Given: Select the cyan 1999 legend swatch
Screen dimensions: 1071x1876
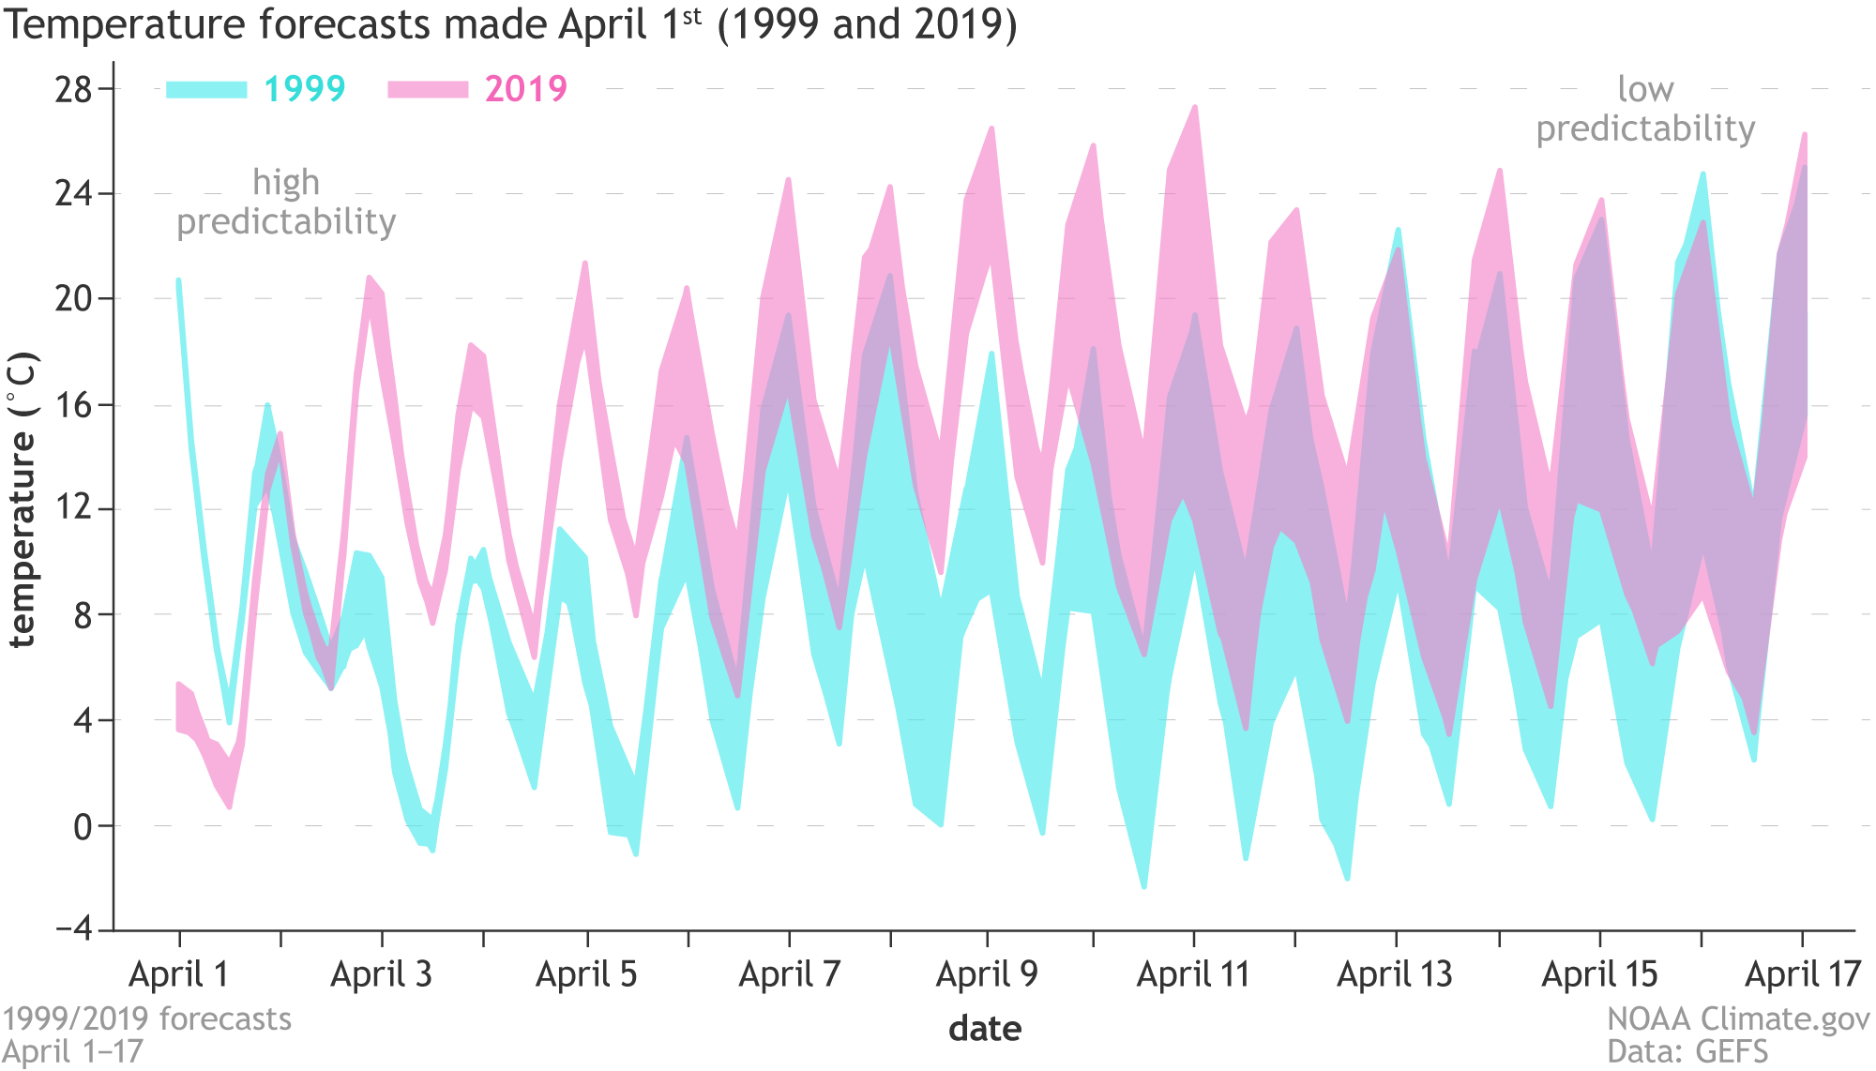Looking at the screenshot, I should coord(206,90).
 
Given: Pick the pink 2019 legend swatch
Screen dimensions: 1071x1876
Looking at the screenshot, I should coord(428,90).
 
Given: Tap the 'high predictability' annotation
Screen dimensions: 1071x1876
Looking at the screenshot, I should coord(286,203).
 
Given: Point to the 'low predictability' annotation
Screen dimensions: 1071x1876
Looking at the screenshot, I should coord(1645,109).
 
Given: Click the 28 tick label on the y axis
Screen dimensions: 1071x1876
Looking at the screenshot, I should coord(73,90).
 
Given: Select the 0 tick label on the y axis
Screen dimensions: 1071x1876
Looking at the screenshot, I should coord(83,827).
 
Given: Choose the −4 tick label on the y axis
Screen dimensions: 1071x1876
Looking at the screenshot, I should coord(74,929).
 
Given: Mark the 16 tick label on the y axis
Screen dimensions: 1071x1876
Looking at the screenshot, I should coord(73,406).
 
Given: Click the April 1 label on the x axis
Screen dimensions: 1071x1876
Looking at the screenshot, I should coord(179,975).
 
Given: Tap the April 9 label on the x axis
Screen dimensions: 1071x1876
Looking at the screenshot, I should coord(987,975).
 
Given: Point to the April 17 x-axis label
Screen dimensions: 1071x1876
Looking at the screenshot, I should coord(1803,975).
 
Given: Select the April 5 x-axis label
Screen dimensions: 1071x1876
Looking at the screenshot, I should coord(586,975).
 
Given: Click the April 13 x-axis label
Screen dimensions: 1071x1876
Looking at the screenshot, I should coord(1395,975).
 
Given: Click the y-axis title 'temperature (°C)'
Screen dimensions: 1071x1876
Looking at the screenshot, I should coord(23,500).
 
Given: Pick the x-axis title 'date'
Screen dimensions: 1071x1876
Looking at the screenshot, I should coord(985,1029).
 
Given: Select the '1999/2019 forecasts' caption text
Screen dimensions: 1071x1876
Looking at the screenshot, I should coord(146,1019).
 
